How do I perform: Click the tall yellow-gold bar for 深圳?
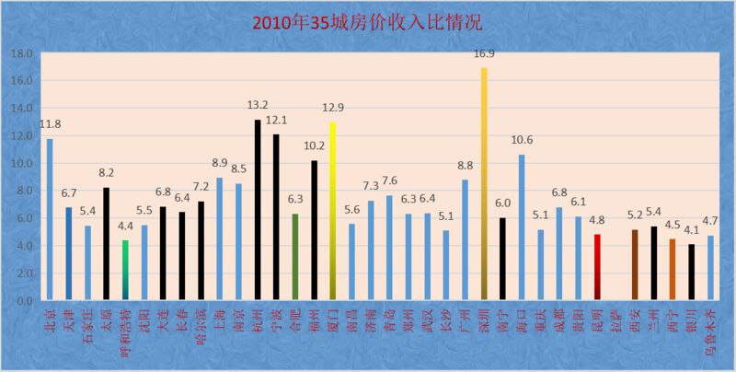pyautogui.click(x=484, y=184)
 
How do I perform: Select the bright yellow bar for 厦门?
pyautogui.click(x=333, y=212)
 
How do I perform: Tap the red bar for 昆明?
pyautogui.click(x=597, y=267)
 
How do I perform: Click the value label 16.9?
pyautogui.click(x=485, y=54)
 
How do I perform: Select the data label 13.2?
pyautogui.click(x=259, y=105)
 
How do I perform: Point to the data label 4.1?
pyautogui.click(x=691, y=230)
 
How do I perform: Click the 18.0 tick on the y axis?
pyautogui.click(x=21, y=53)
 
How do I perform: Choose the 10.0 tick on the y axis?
pyautogui.click(x=21, y=164)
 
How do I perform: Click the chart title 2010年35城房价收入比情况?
pyautogui.click(x=368, y=21)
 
